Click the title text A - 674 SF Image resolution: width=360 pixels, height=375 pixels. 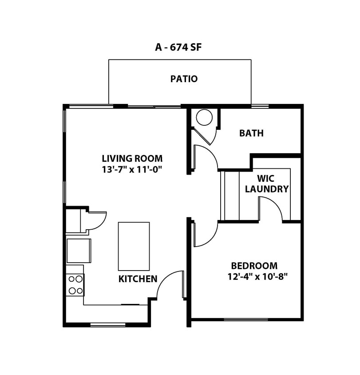[x=178, y=47]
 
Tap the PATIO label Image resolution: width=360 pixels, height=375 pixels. [x=184, y=79]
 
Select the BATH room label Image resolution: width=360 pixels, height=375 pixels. [x=251, y=133]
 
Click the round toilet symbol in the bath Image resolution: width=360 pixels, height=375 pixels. [x=204, y=118]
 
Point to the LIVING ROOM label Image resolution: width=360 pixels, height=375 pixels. [x=132, y=158]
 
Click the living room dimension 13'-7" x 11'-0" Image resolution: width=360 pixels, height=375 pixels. [x=132, y=169]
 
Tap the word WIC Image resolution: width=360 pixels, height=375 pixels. [x=266, y=179]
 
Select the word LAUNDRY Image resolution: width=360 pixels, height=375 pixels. [x=266, y=189]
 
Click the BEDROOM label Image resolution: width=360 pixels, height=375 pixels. [x=254, y=266]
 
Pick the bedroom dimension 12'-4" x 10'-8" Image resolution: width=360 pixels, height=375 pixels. [x=257, y=277]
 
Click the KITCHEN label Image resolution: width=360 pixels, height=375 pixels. [x=138, y=279]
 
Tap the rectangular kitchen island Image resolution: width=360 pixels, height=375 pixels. [x=134, y=246]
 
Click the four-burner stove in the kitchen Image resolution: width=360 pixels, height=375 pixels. [x=75, y=285]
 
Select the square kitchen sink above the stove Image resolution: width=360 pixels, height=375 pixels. [x=78, y=251]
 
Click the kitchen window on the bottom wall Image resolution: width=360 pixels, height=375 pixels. [x=108, y=325]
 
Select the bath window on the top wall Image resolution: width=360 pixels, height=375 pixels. [x=260, y=106]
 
